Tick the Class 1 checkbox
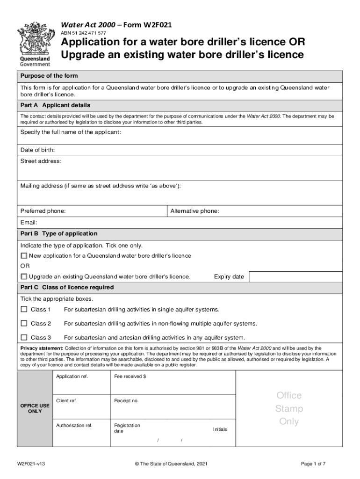(24, 310)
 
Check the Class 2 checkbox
(24, 324)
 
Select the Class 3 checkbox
(24, 338)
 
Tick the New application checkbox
(24, 256)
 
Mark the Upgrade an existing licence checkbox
(24, 276)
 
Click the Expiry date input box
(295, 276)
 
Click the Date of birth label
(37, 150)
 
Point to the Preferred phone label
(43, 211)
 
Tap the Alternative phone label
(194, 211)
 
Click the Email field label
(29, 223)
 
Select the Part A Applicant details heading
(55, 105)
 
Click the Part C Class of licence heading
(67, 287)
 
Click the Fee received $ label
(130, 377)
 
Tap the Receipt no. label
(126, 401)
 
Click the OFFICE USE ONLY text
(34, 408)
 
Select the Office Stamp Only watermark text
(289, 408)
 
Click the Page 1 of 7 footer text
(313, 464)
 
